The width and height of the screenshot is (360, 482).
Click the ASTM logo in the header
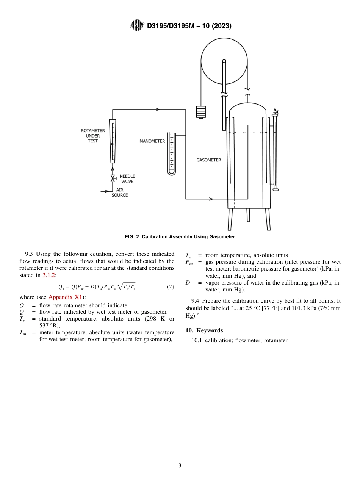(137, 25)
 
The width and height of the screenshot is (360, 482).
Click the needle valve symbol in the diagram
(113, 178)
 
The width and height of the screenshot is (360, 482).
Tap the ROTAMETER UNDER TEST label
(93, 136)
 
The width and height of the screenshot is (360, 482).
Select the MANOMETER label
(152, 141)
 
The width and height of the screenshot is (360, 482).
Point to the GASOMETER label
(208, 160)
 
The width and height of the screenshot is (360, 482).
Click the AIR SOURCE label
(119, 192)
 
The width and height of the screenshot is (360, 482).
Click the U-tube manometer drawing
(172, 153)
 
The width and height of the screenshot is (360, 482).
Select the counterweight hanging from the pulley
(201, 112)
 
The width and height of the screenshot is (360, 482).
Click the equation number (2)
(171, 287)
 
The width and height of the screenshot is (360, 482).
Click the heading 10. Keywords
(204, 330)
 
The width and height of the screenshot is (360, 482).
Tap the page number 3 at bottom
(180, 466)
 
